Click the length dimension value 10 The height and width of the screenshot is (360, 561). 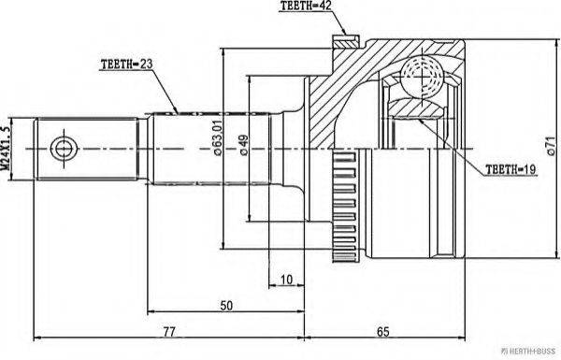pos(286,278)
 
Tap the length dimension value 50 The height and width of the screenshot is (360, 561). pos(228,306)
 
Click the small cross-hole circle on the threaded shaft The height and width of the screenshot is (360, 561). pos(64,148)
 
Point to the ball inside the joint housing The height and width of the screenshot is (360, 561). pos(424,73)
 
